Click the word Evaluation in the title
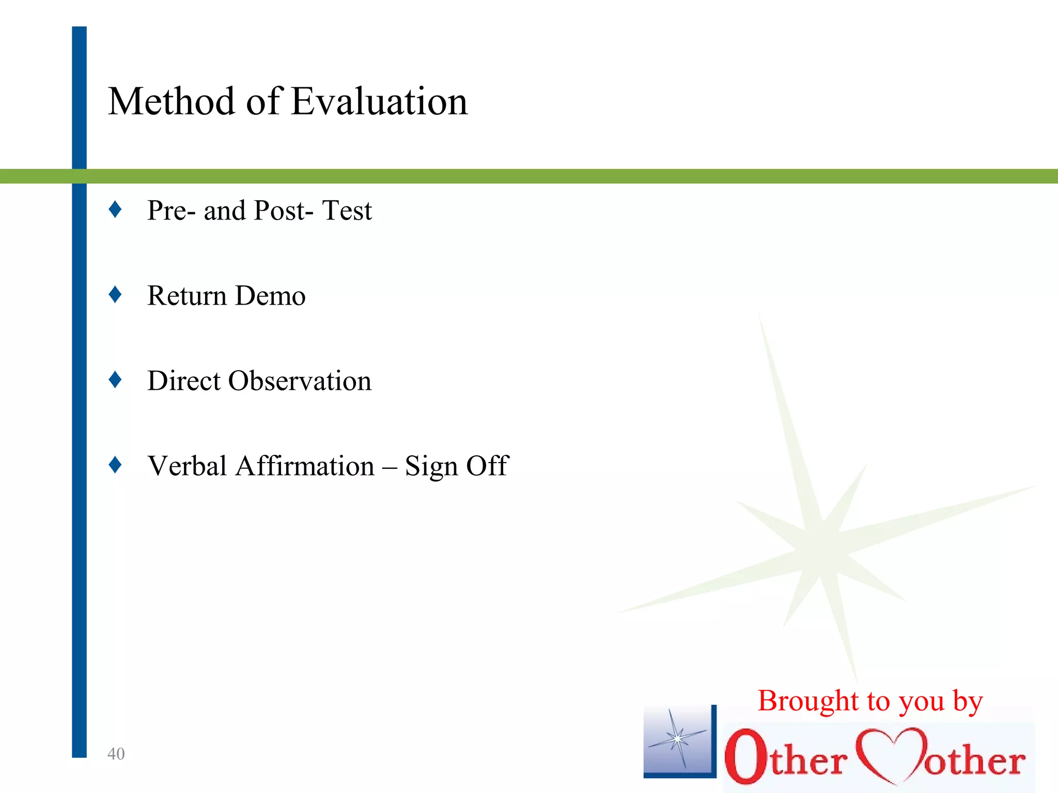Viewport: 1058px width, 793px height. (380, 101)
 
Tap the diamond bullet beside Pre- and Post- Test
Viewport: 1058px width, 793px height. (115, 210)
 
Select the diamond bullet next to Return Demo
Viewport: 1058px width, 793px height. (115, 295)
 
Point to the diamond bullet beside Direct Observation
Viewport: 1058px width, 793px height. (115, 380)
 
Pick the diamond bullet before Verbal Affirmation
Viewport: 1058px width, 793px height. (115, 465)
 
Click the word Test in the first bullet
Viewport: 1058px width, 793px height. (347, 211)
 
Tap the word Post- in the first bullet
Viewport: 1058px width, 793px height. (284, 211)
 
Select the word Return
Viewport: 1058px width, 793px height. (187, 296)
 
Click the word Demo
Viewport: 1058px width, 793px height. (271, 296)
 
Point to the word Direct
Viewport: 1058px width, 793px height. (184, 381)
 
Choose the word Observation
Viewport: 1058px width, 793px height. (300, 381)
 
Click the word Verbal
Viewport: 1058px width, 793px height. (187, 466)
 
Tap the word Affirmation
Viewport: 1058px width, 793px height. (305, 466)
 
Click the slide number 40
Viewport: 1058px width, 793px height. (116, 754)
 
